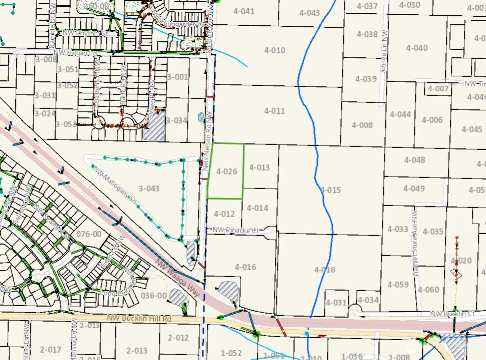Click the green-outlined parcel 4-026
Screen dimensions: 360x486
[226, 171]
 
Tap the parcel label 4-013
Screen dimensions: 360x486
[259, 167]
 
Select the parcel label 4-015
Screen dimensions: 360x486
[331, 190]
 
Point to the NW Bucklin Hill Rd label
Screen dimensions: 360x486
[139, 318]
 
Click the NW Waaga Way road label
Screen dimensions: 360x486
[178, 279]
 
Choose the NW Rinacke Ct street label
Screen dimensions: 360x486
[236, 230]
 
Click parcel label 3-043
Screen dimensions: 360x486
[149, 188]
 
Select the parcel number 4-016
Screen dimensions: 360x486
[245, 267]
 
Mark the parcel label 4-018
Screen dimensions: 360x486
[325, 270]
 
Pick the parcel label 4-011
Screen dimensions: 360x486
[275, 111]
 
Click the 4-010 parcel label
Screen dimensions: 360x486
[275, 50]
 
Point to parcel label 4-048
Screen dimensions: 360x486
[414, 160]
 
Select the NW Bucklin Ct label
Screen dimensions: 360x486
[451, 314]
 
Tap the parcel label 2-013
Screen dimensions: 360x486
[137, 350]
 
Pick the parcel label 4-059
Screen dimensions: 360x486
[398, 284]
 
